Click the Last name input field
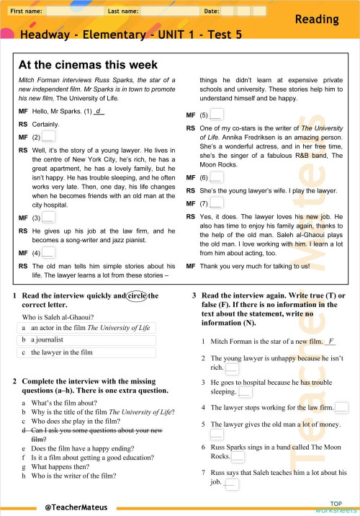tap(171, 12)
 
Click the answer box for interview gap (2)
tap(48, 135)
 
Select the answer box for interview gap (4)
tap(48, 252)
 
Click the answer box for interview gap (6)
tap(216, 177)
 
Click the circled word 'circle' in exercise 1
tap(136, 295)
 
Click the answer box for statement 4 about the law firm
tap(341, 408)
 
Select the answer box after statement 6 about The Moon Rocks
tap(238, 457)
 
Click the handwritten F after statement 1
tap(330, 341)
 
